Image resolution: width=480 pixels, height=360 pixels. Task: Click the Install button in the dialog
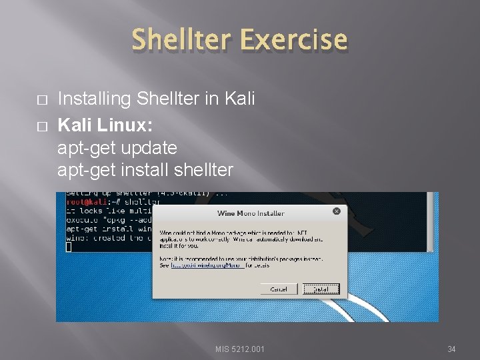click(x=321, y=289)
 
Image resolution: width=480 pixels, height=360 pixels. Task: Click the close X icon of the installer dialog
click(x=336, y=211)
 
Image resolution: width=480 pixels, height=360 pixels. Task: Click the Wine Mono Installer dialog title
click(x=251, y=213)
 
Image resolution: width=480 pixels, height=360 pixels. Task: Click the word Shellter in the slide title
click(x=182, y=40)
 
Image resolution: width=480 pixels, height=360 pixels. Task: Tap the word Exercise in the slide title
click(x=293, y=40)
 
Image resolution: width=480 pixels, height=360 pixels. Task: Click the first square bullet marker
click(x=41, y=99)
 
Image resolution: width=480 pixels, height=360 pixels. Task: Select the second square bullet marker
click(x=41, y=125)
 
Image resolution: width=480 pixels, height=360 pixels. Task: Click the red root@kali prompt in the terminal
click(x=85, y=201)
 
